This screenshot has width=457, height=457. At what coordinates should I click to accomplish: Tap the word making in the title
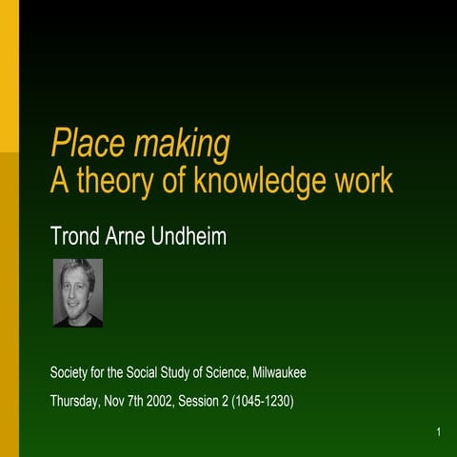pyautogui.click(x=182, y=145)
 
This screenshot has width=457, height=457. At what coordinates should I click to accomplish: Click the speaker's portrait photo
pyautogui.click(x=77, y=293)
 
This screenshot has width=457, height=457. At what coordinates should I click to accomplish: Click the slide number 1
pyautogui.click(x=439, y=434)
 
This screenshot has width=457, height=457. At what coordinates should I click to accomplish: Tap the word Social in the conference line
pyautogui.click(x=148, y=372)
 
